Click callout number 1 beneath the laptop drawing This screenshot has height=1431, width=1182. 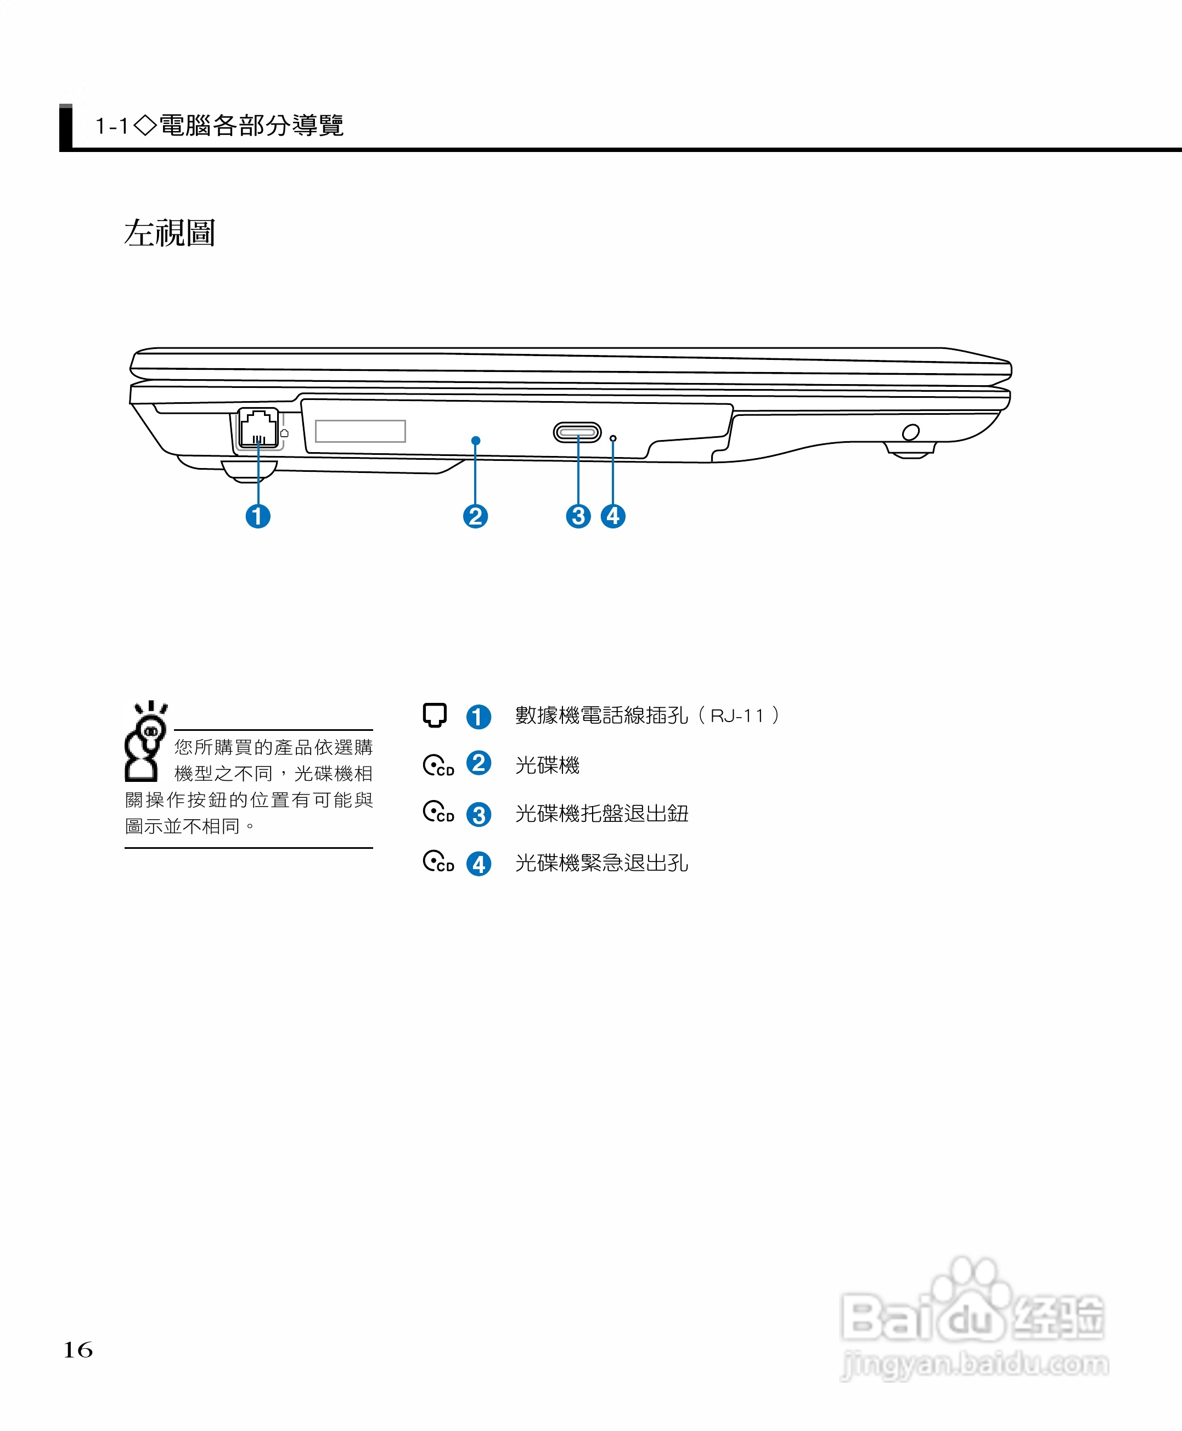click(257, 516)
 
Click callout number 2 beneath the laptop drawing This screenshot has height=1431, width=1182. click(475, 516)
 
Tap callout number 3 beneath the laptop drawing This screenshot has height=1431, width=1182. click(578, 516)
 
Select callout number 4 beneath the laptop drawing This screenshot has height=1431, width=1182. click(613, 516)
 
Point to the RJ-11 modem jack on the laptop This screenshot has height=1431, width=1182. click(258, 428)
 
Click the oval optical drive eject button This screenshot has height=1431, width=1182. click(577, 432)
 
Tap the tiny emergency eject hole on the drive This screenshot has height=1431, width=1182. click(613, 438)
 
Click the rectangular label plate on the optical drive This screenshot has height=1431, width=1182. click(360, 431)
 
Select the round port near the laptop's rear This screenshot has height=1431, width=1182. click(910, 432)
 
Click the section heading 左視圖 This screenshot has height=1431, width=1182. click(170, 233)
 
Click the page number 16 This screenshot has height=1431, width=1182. click(77, 1349)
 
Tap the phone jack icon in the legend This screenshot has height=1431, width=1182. click(435, 715)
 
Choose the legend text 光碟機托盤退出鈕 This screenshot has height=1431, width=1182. click(601, 814)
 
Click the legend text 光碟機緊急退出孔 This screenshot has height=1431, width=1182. click(601, 863)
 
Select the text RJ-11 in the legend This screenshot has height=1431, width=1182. click(737, 715)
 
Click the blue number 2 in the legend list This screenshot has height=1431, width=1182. click(479, 763)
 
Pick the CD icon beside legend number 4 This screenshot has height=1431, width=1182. click(438, 862)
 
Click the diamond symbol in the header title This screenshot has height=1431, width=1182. click(145, 125)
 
